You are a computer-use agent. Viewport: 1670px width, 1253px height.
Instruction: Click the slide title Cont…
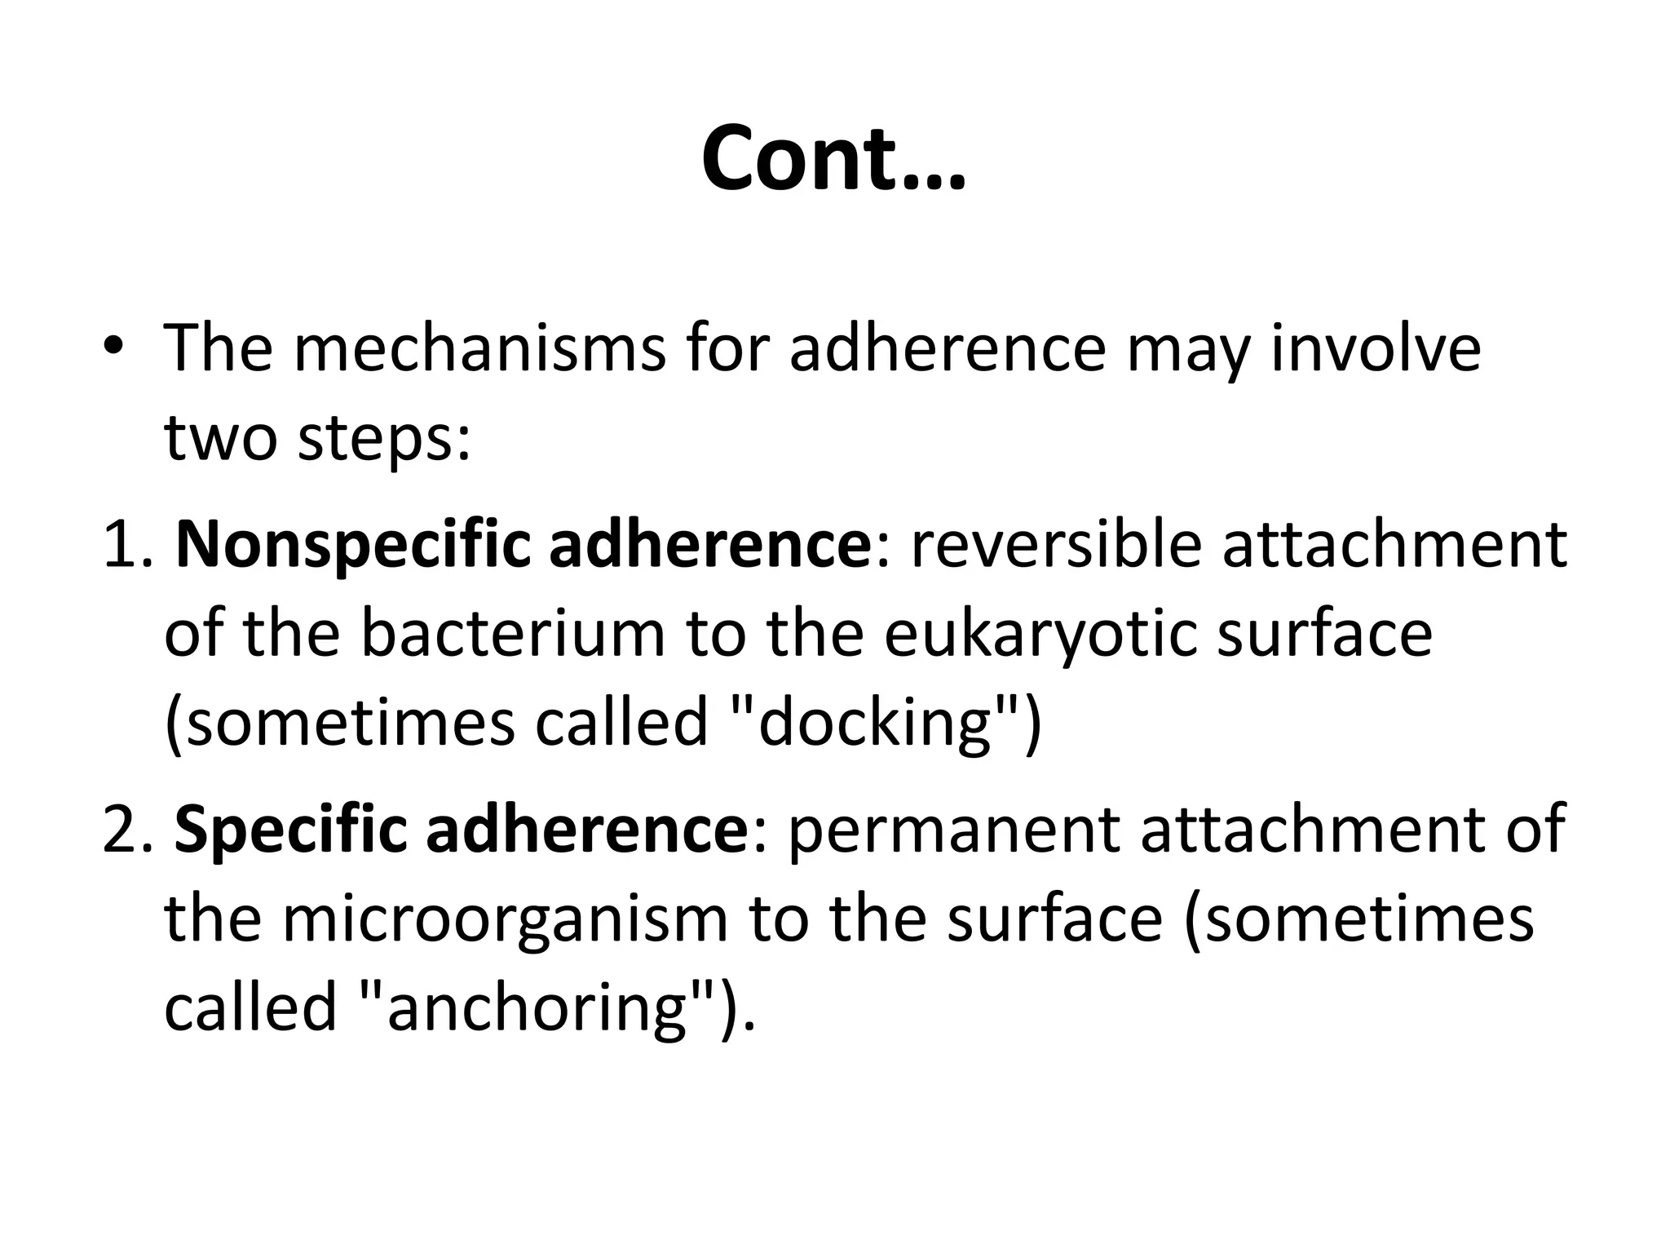833,157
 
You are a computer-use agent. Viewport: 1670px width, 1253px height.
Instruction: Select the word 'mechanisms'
479,349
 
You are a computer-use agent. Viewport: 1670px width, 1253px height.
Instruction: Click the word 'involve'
1376,349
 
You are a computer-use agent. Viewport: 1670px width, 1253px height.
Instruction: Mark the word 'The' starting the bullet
219,349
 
